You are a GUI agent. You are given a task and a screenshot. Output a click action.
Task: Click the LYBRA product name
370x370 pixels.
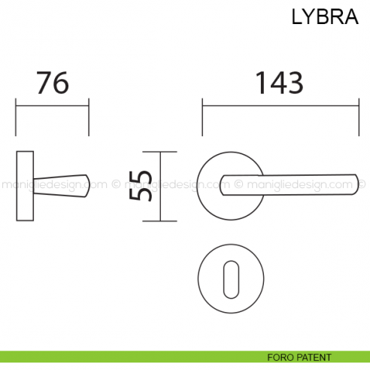point(326,17)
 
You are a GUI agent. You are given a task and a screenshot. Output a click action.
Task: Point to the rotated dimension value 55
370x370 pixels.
point(142,186)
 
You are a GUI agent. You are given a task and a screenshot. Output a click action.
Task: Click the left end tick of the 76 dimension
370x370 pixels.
point(16,117)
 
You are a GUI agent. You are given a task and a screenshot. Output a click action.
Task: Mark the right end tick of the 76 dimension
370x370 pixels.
point(89,117)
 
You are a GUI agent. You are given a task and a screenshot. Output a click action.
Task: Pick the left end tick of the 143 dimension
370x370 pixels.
point(201,117)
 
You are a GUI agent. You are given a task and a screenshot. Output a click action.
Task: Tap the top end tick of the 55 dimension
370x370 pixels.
point(166,152)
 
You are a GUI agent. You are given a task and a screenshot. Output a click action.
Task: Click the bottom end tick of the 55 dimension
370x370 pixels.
point(166,222)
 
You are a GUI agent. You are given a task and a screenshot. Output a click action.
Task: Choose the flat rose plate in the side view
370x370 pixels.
point(24,186)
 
